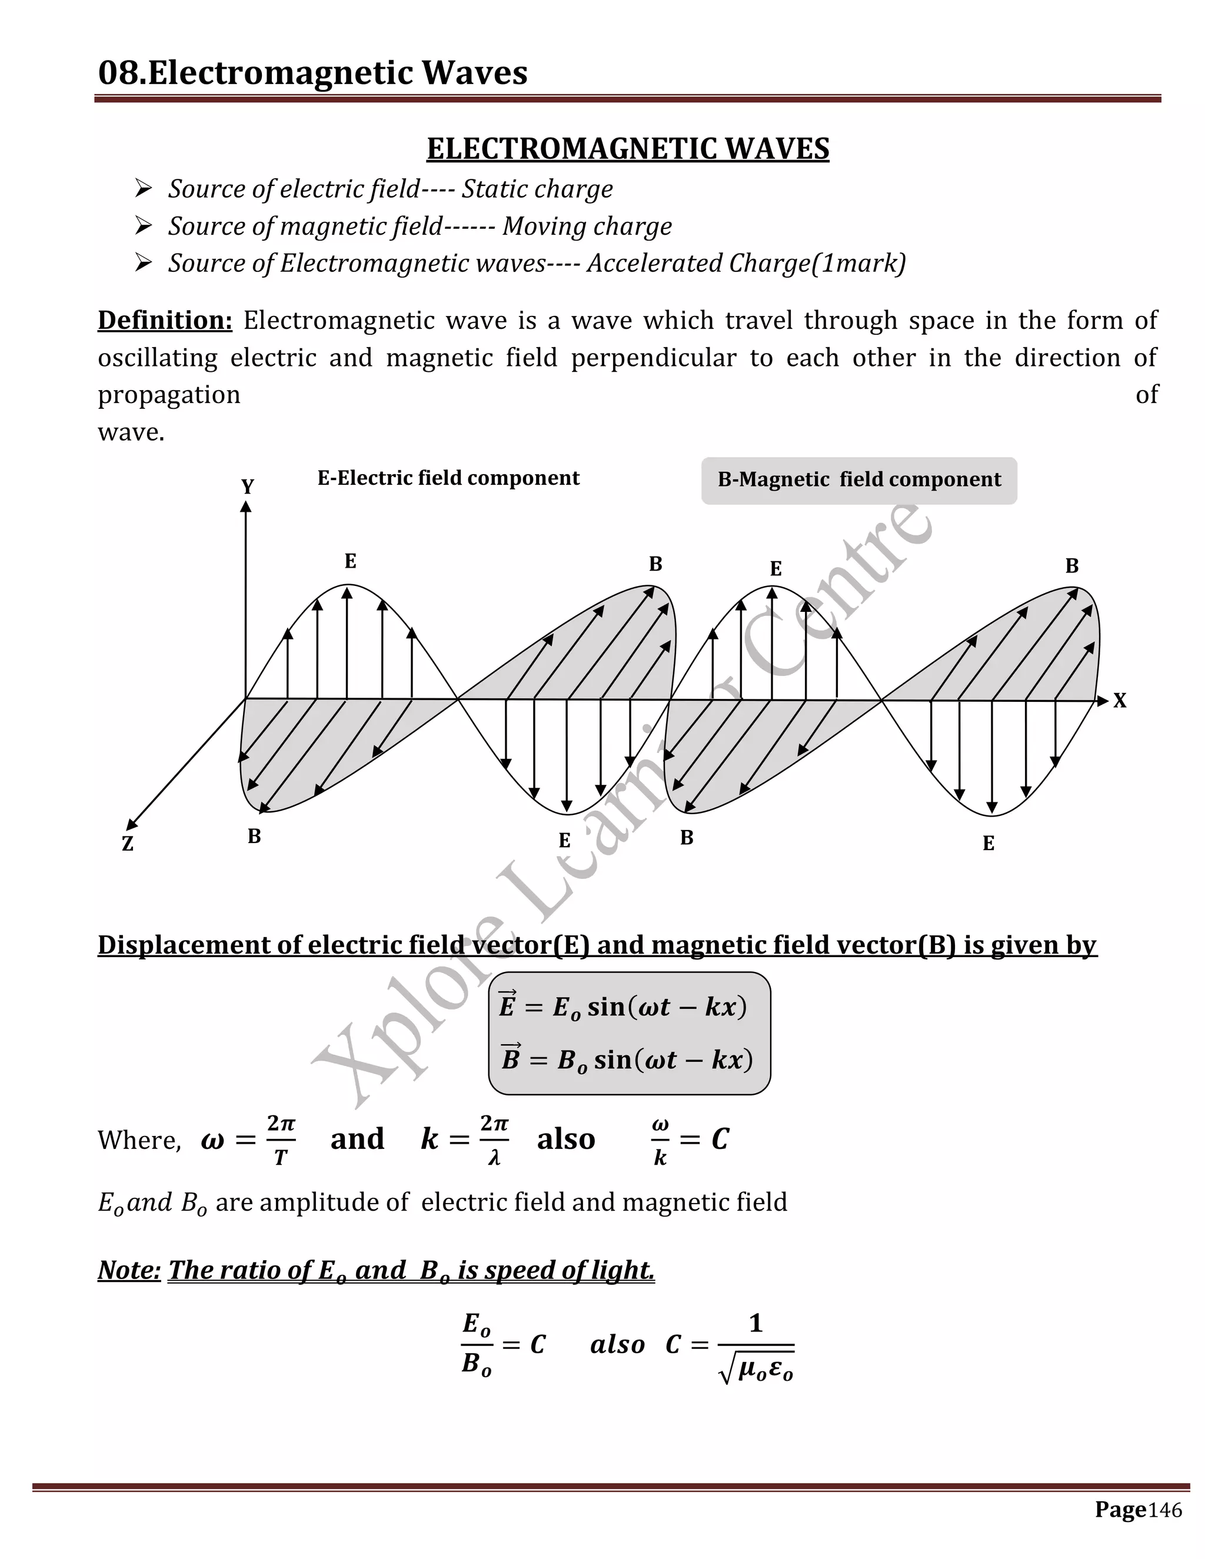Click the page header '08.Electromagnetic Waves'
(312, 73)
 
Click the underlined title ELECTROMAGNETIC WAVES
(627, 148)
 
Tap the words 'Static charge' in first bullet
(537, 189)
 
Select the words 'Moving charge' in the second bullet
(587, 226)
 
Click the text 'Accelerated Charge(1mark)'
(746, 264)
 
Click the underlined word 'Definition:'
(165, 321)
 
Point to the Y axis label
(247, 487)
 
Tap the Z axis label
(128, 844)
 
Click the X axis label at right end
(1119, 701)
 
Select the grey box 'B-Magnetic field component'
(859, 481)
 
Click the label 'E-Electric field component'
(448, 478)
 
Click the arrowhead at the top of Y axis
(245, 506)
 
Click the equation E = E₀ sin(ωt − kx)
(623, 1007)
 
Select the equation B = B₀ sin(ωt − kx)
(627, 1060)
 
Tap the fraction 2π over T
(281, 1140)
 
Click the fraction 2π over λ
(494, 1140)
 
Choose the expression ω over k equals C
(689, 1140)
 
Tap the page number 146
(1165, 1510)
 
